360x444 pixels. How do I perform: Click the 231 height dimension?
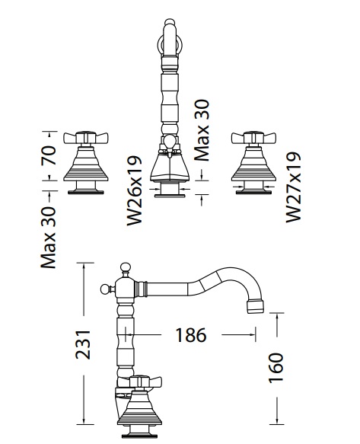83,344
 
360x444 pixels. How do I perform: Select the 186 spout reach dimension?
191,335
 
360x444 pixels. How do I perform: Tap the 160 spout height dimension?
276,368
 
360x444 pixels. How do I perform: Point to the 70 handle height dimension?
49,155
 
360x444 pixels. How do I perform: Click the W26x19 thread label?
134,190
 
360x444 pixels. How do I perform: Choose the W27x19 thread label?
293,187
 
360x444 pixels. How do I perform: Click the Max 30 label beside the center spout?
202,130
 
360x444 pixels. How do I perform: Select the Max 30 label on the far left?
49,238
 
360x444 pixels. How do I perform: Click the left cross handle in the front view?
86,138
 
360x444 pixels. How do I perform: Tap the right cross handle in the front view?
253,138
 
